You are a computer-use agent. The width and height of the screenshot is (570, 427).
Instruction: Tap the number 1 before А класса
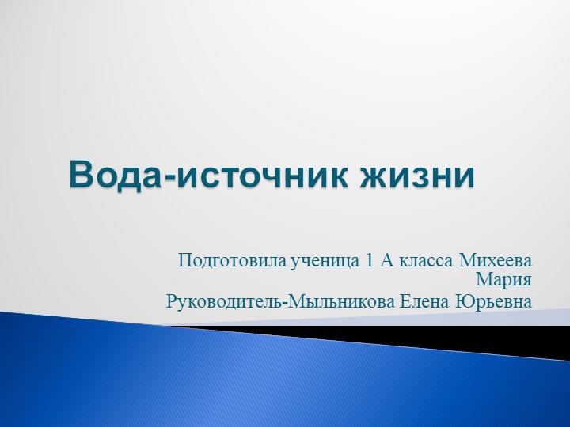point(369,260)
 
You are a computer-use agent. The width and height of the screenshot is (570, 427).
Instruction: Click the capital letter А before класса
point(388,260)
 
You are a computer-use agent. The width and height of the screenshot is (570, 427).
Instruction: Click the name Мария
point(503,281)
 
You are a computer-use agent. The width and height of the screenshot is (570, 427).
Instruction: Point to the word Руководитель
point(222,302)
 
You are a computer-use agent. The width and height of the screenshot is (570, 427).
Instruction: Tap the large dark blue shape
point(237,380)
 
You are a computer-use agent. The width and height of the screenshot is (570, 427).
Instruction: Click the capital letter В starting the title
point(80,175)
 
